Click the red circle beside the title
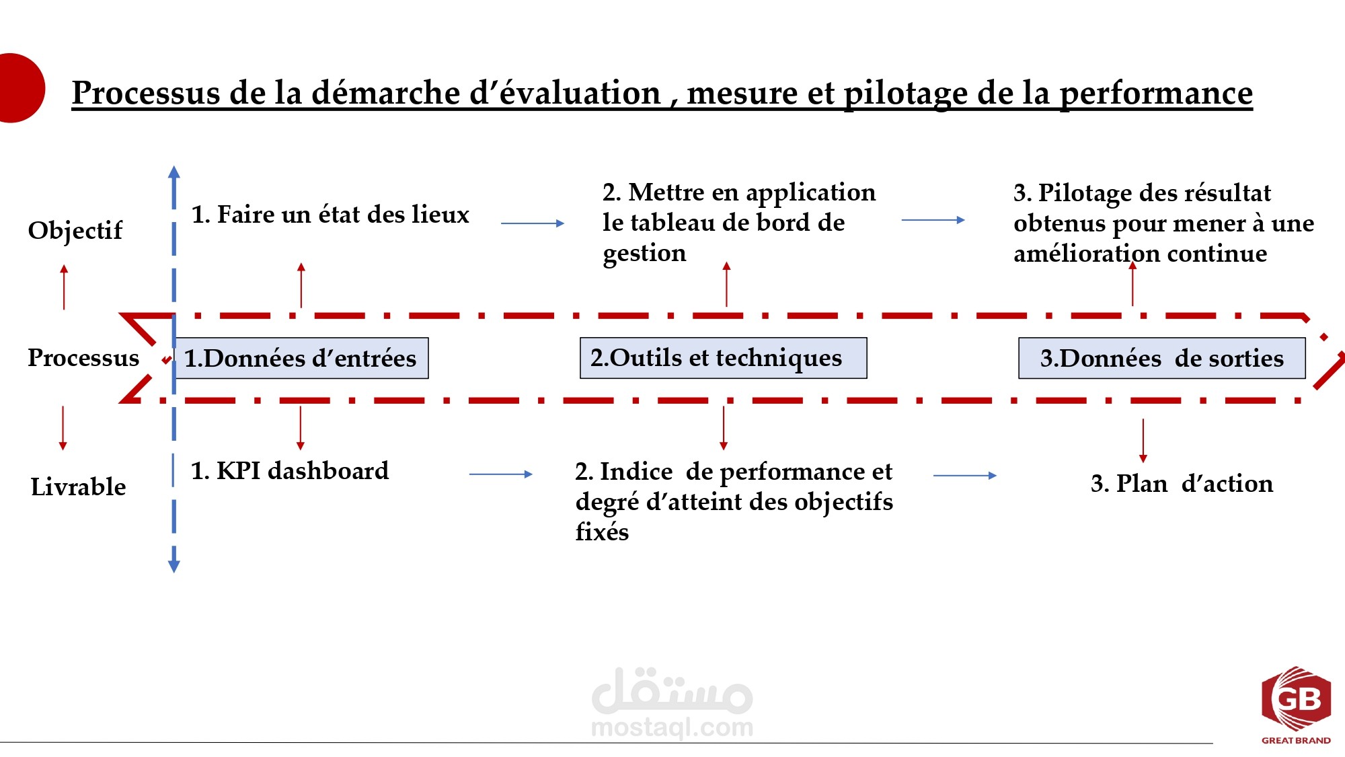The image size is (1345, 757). [20, 88]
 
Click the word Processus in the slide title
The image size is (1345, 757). [146, 92]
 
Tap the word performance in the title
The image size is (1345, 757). [1156, 94]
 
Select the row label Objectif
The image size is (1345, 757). [75, 230]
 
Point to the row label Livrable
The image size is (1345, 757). [78, 486]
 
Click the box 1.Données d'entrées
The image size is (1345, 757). [301, 358]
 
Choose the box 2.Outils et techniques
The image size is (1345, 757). [724, 358]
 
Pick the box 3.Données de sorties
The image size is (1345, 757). [1162, 358]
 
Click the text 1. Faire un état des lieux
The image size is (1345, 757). [330, 214]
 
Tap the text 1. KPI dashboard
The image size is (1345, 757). [290, 470]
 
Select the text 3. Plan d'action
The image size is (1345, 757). [1182, 483]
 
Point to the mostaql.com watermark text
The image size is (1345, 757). [672, 727]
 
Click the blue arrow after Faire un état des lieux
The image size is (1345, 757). [533, 223]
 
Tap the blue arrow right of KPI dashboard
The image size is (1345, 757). [501, 474]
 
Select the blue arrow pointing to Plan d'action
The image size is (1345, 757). [965, 476]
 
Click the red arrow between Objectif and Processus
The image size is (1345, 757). [64, 287]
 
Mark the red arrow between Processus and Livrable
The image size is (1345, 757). [63, 428]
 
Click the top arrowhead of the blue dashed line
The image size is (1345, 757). [174, 172]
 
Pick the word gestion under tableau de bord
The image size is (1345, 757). [644, 254]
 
